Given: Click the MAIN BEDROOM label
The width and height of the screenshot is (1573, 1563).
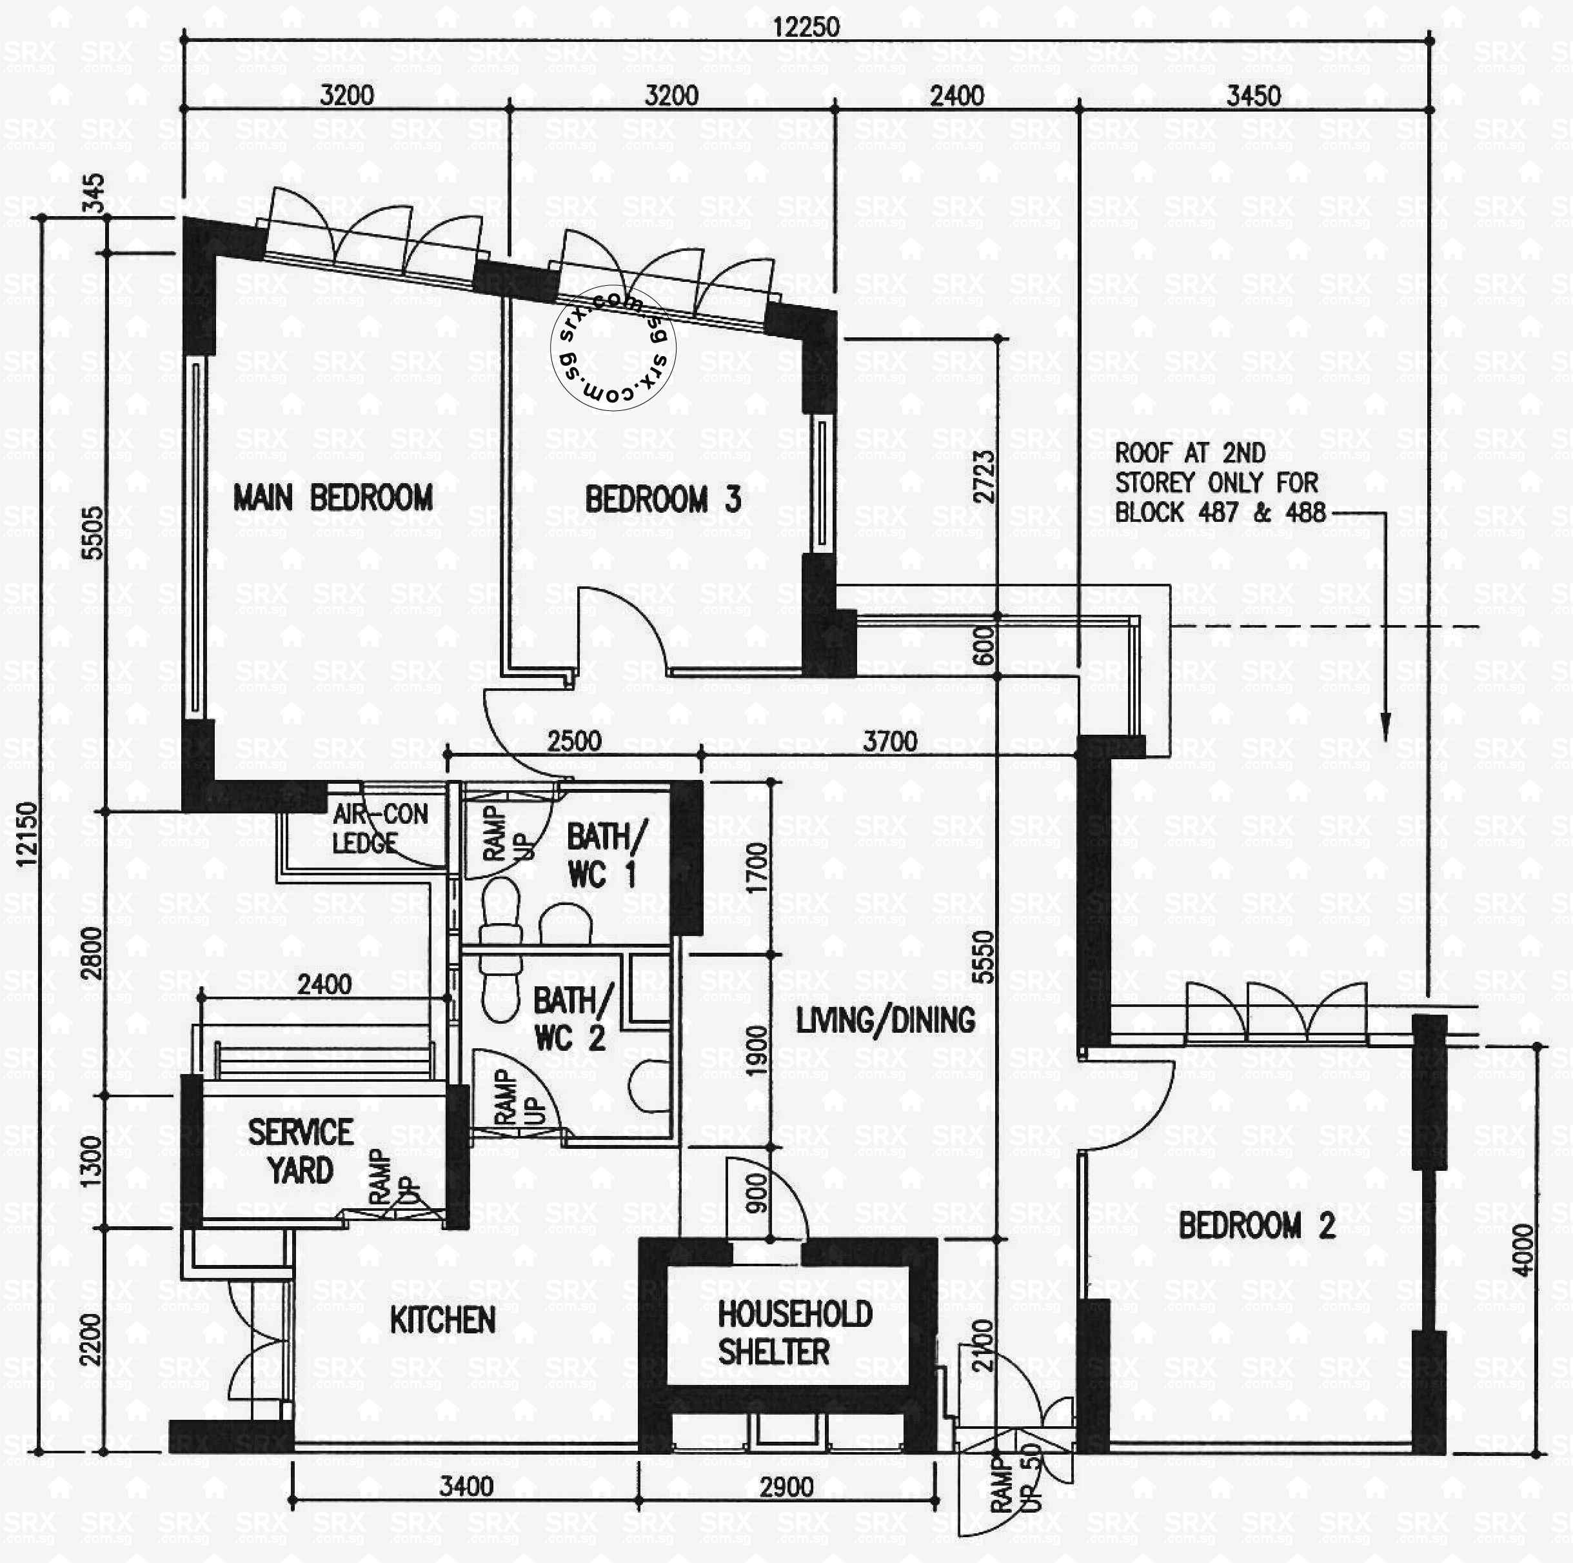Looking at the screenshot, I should pyautogui.click(x=332, y=497).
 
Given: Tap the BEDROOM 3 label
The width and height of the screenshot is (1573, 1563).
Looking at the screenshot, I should pyautogui.click(x=663, y=499).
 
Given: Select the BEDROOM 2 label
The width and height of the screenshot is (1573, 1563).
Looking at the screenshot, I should pyautogui.click(x=1256, y=1225).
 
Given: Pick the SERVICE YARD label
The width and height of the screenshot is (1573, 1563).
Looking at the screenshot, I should pyautogui.click(x=301, y=1151).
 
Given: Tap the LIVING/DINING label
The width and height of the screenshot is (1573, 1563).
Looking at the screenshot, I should pyautogui.click(x=885, y=1020).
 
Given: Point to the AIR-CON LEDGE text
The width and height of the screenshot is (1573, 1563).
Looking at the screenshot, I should pyautogui.click(x=379, y=828).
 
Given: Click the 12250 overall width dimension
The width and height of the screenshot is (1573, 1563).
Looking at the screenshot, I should pyautogui.click(x=806, y=27).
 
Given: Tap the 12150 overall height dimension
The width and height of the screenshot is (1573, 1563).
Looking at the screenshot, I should pyautogui.click(x=28, y=834).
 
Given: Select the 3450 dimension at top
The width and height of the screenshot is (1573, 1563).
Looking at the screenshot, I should pyautogui.click(x=1253, y=95).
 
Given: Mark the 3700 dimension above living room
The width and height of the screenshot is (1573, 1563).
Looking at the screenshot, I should pyautogui.click(x=889, y=741).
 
